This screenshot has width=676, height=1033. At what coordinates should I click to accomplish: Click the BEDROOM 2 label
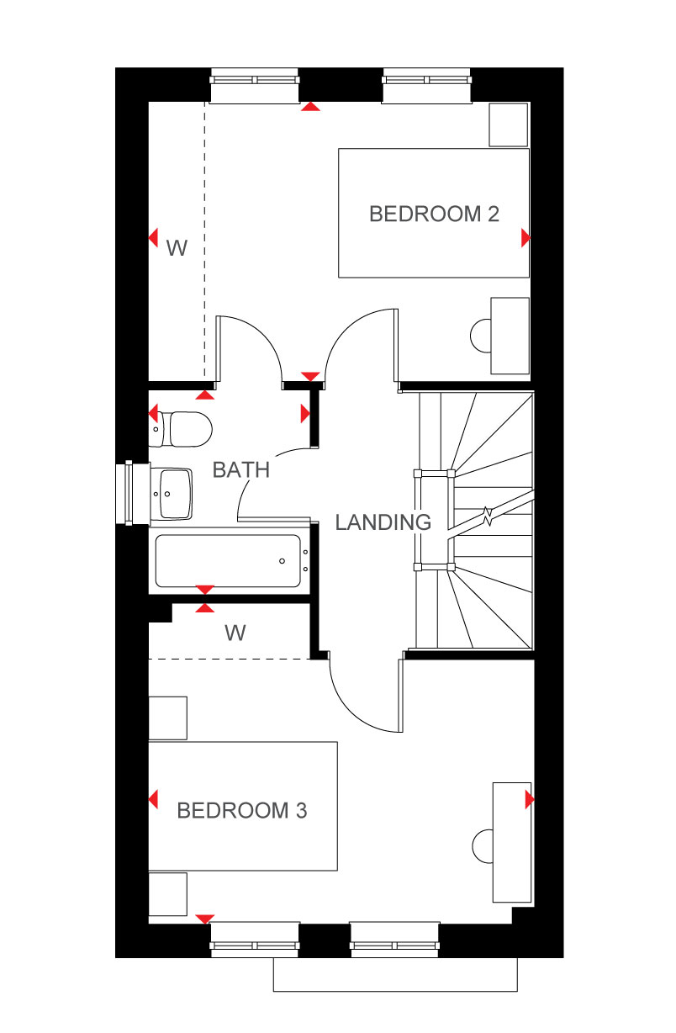[x=434, y=214]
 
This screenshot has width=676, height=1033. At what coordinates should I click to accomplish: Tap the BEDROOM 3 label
[x=242, y=810]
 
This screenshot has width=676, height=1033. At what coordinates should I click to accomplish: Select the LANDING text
[x=383, y=522]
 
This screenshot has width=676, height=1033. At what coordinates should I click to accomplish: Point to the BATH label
[x=241, y=470]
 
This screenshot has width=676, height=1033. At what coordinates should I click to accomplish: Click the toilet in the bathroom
[x=181, y=429]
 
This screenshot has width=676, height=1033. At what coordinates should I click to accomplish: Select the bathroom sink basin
[x=175, y=494]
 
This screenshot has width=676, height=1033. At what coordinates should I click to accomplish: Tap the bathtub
[x=230, y=561]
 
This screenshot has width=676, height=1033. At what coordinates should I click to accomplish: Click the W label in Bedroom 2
[x=177, y=248]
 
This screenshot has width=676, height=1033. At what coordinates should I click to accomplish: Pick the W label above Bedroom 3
[x=235, y=633]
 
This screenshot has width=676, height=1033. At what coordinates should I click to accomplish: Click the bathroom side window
[x=129, y=493]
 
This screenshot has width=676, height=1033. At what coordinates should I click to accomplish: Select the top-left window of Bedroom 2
[x=255, y=85]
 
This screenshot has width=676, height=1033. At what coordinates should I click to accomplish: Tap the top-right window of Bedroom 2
[x=427, y=85]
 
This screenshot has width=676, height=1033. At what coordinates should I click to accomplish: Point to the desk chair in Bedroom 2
[x=480, y=336]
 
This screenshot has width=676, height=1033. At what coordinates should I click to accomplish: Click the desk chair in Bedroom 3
[x=483, y=846]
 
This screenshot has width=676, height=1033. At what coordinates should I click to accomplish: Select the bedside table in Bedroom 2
[x=509, y=125]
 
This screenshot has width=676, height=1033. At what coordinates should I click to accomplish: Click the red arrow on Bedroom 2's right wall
[x=525, y=238]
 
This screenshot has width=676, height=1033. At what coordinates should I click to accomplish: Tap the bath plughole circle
[x=282, y=561]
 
